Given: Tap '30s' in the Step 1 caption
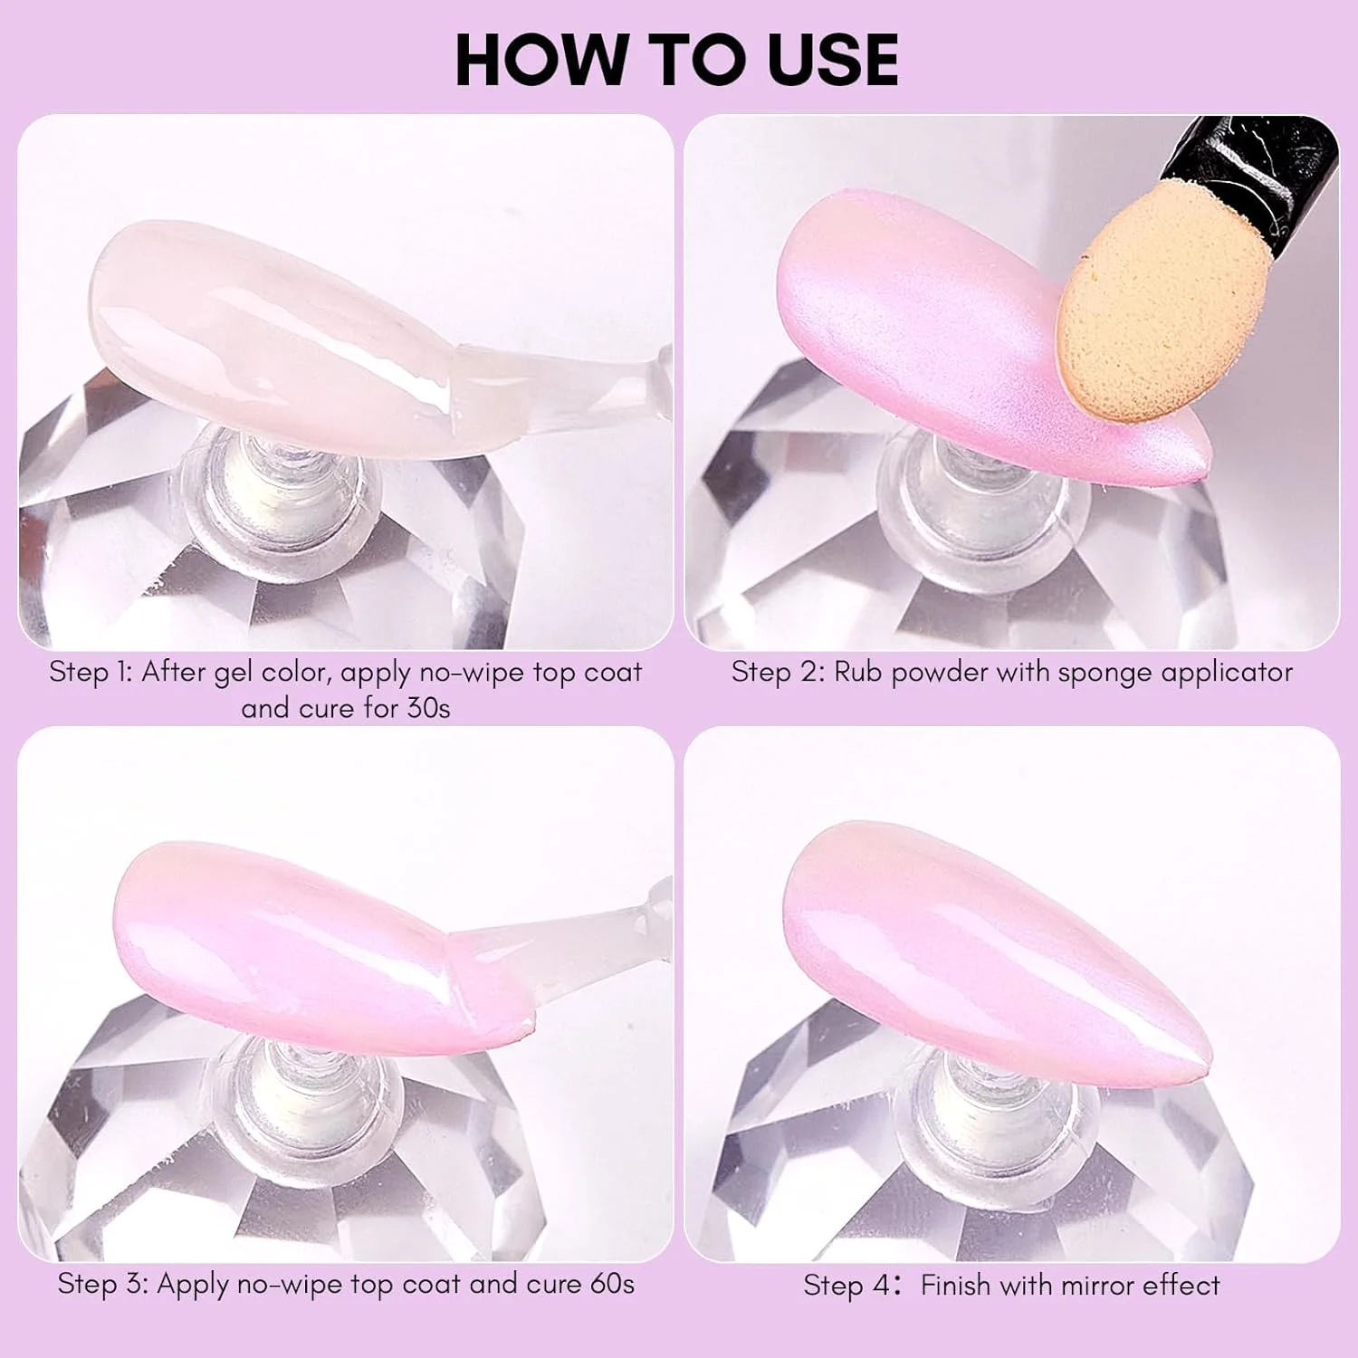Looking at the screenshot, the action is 428,708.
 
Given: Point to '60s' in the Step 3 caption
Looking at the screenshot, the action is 611,1284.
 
